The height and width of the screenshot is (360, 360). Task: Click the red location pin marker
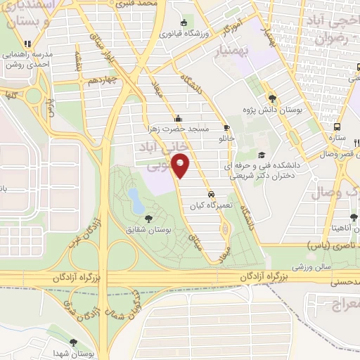pos(182,166)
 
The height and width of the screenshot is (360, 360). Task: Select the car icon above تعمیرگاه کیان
pos(210,194)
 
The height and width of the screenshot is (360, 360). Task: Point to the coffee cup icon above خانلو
pos(226,127)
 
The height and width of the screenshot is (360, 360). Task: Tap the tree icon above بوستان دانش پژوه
pos(272,98)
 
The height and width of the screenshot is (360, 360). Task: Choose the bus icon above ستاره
pos(338,127)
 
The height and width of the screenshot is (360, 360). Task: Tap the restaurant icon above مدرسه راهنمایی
pos(27,44)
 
